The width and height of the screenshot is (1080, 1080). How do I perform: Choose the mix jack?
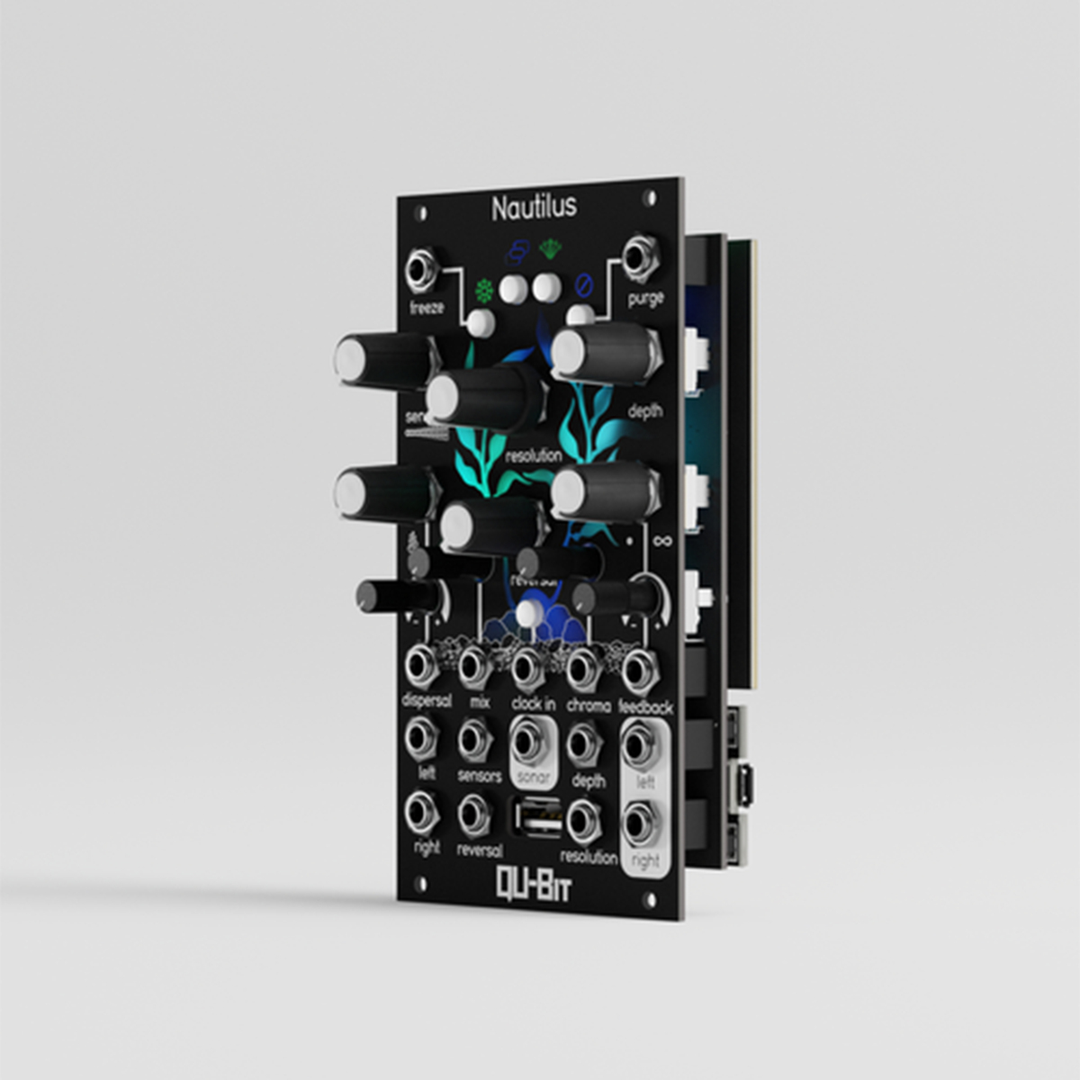click(474, 666)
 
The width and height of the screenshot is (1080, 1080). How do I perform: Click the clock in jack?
click(528, 668)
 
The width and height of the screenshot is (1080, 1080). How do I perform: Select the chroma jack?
click(584, 668)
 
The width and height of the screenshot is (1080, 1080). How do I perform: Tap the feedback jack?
click(640, 669)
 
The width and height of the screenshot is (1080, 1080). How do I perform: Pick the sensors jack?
click(474, 740)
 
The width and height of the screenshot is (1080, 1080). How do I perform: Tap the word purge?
click(645, 298)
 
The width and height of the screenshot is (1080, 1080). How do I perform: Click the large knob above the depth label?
click(601, 351)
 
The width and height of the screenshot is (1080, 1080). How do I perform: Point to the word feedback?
click(645, 707)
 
